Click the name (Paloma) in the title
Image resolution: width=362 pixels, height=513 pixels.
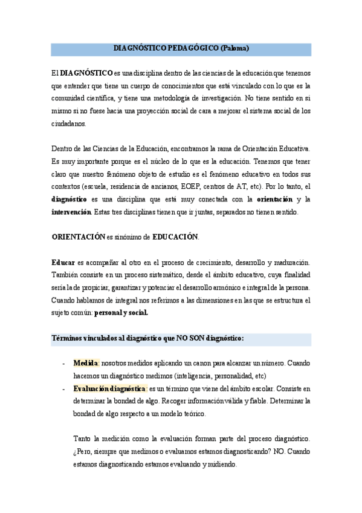234,48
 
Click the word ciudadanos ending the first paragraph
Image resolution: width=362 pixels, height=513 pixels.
69,123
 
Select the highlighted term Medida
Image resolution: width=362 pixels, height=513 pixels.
85,364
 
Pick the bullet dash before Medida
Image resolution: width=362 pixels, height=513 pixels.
64,364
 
